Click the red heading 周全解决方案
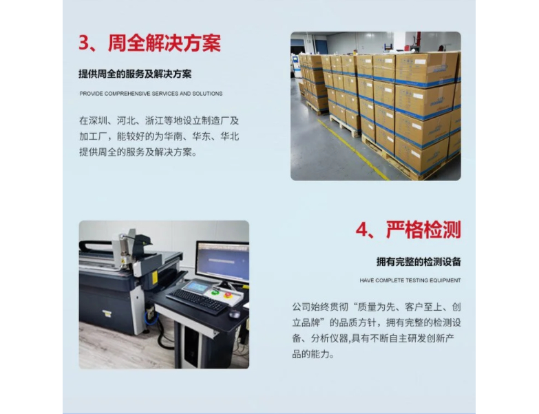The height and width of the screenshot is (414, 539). click(x=165, y=43)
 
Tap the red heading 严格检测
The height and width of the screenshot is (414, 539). click(x=423, y=229)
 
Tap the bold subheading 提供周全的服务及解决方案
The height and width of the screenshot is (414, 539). click(x=135, y=74)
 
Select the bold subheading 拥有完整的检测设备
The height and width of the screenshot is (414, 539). click(x=419, y=262)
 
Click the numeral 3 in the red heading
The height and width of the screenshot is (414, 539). click(x=84, y=43)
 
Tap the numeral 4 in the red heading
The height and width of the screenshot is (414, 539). click(x=362, y=229)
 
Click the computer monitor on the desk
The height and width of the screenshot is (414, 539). click(x=222, y=262)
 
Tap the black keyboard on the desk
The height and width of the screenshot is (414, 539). click(x=197, y=301)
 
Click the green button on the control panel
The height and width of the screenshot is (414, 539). click(x=215, y=292)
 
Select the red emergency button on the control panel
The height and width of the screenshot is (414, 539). click(x=228, y=295)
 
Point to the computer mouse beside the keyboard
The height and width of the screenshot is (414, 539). click(x=235, y=313)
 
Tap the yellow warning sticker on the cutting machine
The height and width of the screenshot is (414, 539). click(x=155, y=277)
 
